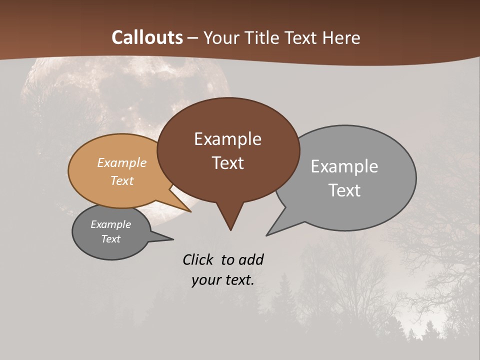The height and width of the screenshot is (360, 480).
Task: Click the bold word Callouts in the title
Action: pyautogui.click(x=147, y=37)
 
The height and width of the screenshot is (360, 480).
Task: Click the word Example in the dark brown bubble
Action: pyautogui.click(x=227, y=139)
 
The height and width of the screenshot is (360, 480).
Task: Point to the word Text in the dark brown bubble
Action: pyautogui.click(x=227, y=163)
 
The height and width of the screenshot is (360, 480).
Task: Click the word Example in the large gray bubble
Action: pyautogui.click(x=344, y=166)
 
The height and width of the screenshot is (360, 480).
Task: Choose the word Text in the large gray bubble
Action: pyautogui.click(x=344, y=190)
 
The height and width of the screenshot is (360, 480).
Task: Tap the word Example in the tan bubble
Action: pyautogui.click(x=122, y=163)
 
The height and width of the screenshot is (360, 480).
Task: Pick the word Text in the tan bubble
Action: pyautogui.click(x=122, y=180)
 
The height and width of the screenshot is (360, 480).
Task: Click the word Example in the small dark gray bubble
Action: pyautogui.click(x=110, y=224)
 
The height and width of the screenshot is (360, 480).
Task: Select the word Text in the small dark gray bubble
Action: pyautogui.click(x=110, y=239)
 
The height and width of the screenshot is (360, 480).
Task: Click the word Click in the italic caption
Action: pyautogui.click(x=199, y=259)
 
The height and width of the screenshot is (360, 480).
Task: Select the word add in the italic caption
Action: pyautogui.click(x=251, y=259)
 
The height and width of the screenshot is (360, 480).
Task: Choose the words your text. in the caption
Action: pyautogui.click(x=223, y=280)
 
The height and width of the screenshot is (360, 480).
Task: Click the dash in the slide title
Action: pyautogui.click(x=193, y=38)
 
